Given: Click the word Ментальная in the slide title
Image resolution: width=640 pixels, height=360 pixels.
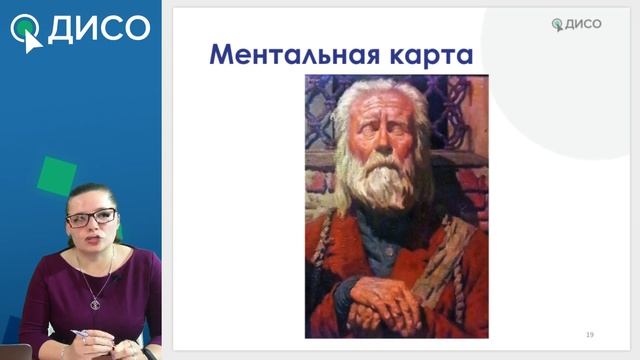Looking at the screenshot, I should coord(290,54).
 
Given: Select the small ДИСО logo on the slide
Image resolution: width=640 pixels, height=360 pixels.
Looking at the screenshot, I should coord(578,24).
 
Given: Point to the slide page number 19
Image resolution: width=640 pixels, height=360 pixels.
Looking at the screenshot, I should coord(589,333).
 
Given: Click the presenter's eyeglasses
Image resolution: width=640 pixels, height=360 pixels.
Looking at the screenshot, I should coord(91,217).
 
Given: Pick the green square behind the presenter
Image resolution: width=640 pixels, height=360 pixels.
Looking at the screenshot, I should coord(57,174).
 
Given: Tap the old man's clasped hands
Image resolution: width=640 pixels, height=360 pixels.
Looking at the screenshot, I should coord(385,300).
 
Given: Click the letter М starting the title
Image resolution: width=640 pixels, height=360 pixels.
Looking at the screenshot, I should coord(222,54).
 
